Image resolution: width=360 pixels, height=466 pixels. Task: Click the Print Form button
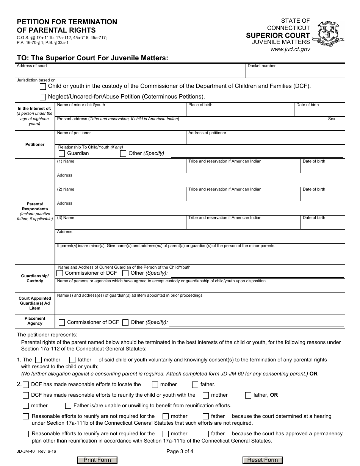click(x=97, y=460)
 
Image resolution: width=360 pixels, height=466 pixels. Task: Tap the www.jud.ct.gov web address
click(x=290, y=49)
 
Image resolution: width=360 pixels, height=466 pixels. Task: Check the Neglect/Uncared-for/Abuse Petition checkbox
click(x=43, y=97)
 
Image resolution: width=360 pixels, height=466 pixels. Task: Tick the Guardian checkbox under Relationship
click(x=62, y=153)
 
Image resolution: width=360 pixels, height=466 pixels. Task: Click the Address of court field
click(x=131, y=72)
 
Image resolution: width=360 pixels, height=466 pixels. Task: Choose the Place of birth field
click(x=240, y=110)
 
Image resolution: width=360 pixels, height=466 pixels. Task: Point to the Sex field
click(x=335, y=124)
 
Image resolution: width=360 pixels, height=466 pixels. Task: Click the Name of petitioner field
click(x=121, y=138)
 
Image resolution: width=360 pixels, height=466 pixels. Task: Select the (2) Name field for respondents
click(x=121, y=195)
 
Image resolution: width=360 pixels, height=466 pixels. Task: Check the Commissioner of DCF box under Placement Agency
click(x=62, y=322)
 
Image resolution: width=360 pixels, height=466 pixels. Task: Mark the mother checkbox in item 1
click(x=38, y=360)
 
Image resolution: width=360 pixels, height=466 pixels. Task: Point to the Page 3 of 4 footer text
click(x=180, y=451)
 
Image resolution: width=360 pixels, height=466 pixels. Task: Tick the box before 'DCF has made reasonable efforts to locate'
click(x=26, y=385)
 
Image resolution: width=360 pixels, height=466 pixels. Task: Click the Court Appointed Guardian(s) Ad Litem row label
click(x=35, y=303)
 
